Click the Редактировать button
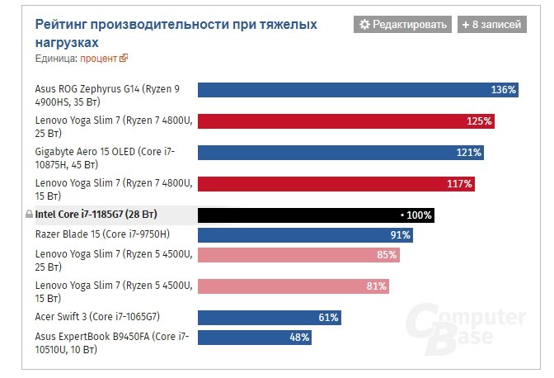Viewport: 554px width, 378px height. click(x=403, y=25)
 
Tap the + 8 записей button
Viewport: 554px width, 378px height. click(x=491, y=25)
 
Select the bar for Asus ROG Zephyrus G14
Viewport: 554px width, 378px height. click(x=358, y=89)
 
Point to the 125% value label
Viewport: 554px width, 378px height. click(x=479, y=120)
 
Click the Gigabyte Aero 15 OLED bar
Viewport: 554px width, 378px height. click(x=340, y=152)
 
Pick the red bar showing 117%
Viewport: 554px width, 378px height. click(x=336, y=183)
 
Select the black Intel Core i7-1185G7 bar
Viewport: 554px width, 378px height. click(x=316, y=215)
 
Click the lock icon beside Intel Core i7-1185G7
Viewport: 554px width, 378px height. click(x=29, y=215)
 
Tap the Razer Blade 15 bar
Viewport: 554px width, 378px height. click(x=305, y=234)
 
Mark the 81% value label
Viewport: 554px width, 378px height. click(x=377, y=286)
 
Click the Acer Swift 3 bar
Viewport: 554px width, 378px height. click(x=268, y=317)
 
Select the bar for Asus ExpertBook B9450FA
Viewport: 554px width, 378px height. click(x=254, y=337)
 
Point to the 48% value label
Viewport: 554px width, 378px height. click(x=298, y=337)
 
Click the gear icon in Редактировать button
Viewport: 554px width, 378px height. click(x=364, y=25)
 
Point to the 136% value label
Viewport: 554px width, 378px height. click(x=503, y=89)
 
